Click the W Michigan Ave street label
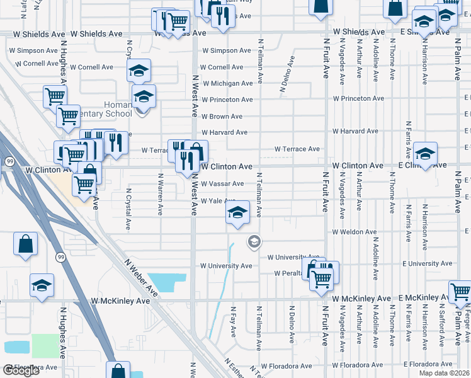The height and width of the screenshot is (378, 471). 227,83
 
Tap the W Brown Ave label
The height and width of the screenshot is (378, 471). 222,117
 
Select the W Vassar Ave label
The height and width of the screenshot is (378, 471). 222,183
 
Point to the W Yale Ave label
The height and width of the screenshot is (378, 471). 218,200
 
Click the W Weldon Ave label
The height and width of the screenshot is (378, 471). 355,232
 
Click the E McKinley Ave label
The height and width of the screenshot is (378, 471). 423,297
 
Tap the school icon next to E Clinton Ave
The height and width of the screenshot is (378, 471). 426,155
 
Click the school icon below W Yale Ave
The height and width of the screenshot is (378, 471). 238,213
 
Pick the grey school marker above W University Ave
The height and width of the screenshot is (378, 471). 254,241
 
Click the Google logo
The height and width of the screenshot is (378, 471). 21,370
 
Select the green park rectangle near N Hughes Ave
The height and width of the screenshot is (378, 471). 44,345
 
